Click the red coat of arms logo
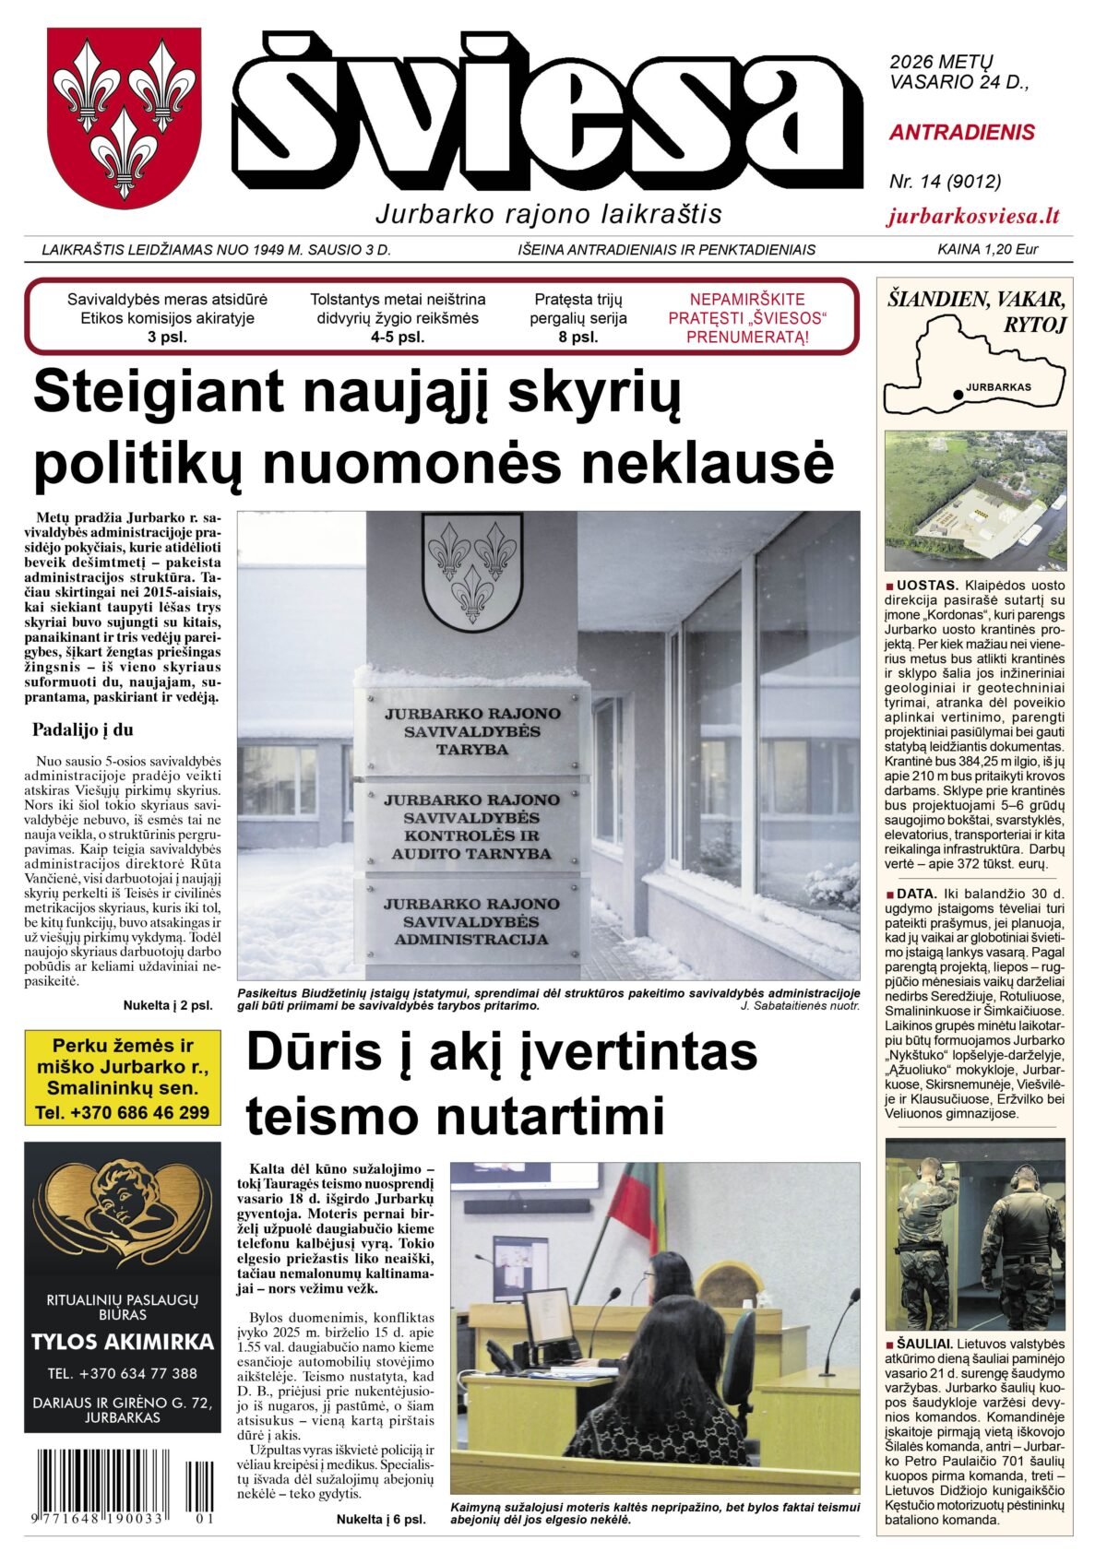pyautogui.click(x=124, y=118)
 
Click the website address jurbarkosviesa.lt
pyautogui.click(x=973, y=217)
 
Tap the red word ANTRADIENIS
pyautogui.click(x=962, y=133)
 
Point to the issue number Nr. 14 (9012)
pyautogui.click(x=945, y=182)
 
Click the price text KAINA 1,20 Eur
pyautogui.click(x=987, y=249)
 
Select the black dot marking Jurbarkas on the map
pyautogui.click(x=958, y=395)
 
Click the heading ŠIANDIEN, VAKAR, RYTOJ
pyautogui.click(x=976, y=311)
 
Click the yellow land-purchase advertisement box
pyautogui.click(x=123, y=1078)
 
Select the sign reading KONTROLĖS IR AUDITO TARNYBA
pyautogui.click(x=471, y=826)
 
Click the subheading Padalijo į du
pyautogui.click(x=83, y=729)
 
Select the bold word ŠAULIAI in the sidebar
pyautogui.click(x=924, y=1344)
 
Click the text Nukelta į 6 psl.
pyautogui.click(x=380, y=1519)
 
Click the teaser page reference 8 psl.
pyautogui.click(x=578, y=338)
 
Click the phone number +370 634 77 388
pyautogui.click(x=123, y=1373)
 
